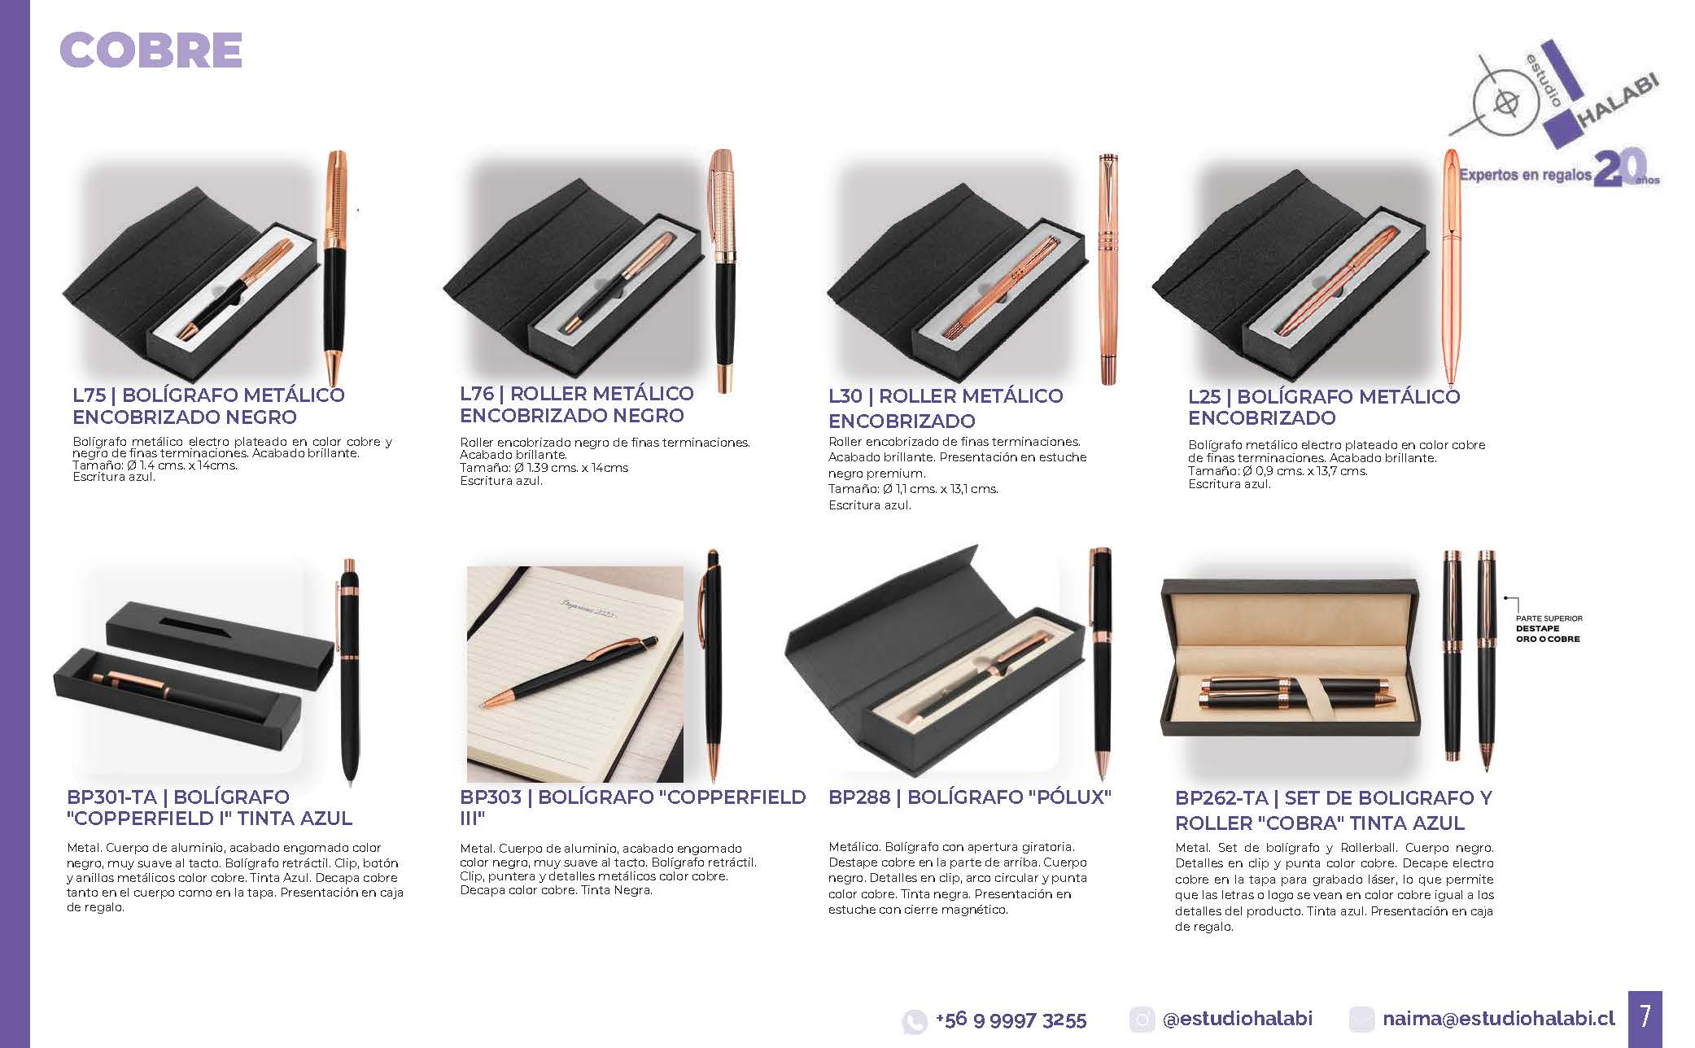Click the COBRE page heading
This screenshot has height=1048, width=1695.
tap(151, 50)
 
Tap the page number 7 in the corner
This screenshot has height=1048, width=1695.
tap(1645, 1016)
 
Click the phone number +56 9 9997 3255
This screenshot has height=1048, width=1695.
tap(1011, 1020)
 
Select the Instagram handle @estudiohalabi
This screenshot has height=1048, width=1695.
tap(1238, 1019)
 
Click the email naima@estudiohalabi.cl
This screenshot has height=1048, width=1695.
tap(1498, 1019)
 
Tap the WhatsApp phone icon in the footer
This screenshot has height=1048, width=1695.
tap(915, 1021)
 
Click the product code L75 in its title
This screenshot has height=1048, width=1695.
tap(90, 395)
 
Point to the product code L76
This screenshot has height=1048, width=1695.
tap(478, 394)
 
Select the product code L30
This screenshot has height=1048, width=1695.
tap(845, 396)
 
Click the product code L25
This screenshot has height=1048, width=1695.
tap(1205, 397)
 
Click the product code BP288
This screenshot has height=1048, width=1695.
tap(859, 797)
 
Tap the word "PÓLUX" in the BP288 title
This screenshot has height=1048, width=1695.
tap(1073, 797)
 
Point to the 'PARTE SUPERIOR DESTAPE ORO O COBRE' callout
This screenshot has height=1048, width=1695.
tap(1548, 629)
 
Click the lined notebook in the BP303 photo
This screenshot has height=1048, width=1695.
tap(575, 674)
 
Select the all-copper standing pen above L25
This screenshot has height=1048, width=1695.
tap(1452, 267)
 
